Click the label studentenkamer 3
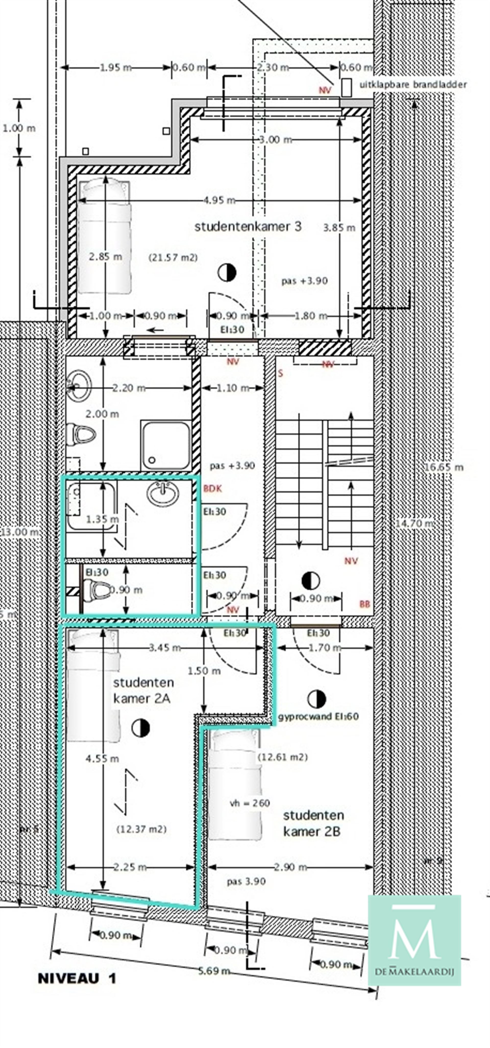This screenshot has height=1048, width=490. (248, 227)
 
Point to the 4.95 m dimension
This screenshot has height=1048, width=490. (219, 200)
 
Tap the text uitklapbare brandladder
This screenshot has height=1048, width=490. (413, 85)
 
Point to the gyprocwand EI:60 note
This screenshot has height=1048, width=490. (318, 717)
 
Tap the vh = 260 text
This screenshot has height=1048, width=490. (250, 803)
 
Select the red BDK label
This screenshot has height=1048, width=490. (212, 489)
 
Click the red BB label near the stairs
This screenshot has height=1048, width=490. (365, 604)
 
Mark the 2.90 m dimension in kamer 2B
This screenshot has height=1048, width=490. (290, 867)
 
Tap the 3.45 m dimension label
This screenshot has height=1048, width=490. (165, 647)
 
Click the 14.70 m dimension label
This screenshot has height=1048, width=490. (414, 523)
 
